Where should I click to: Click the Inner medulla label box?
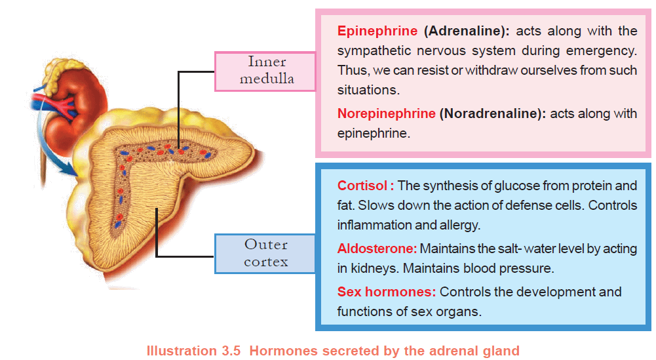click(265, 71)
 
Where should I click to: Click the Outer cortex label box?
click(265, 254)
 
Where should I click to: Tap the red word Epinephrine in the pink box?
click(377, 31)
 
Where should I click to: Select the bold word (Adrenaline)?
click(467, 31)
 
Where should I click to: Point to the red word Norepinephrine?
click(386, 113)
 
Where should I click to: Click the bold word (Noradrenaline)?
click(492, 113)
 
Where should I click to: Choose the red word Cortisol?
click(362, 186)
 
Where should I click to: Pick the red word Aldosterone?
click(377, 249)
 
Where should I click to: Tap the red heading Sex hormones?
click(387, 292)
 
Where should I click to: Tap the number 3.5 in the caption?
click(229, 351)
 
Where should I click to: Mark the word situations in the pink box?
click(368, 90)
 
